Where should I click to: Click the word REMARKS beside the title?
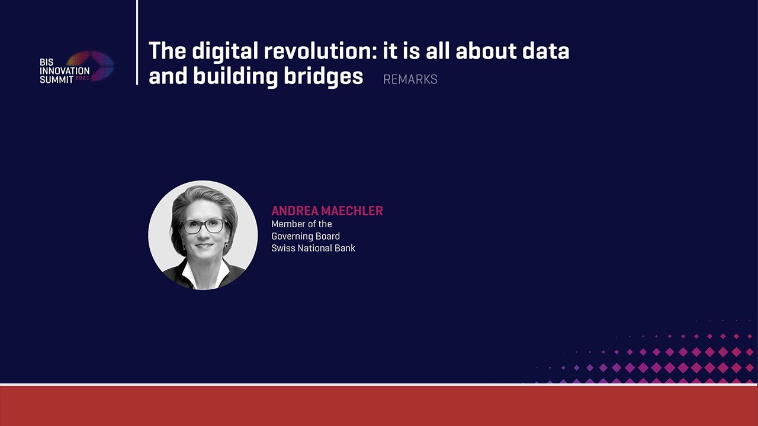coord(410,79)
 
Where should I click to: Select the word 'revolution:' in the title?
coord(320,51)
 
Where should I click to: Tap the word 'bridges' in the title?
coord(323,77)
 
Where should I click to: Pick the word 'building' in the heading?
coord(235,77)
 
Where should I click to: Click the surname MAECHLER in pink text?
coord(351,211)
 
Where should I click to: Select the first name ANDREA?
coord(295,211)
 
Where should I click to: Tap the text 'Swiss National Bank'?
coord(313,248)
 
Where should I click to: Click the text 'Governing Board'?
coord(306,236)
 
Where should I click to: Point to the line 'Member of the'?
coord(301,224)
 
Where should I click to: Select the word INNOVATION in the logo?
coord(65,71)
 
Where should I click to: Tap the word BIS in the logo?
coord(47,62)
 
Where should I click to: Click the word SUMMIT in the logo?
coord(56,79)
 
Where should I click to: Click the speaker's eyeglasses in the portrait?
coord(204,226)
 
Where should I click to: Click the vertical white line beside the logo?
coord(137,42)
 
